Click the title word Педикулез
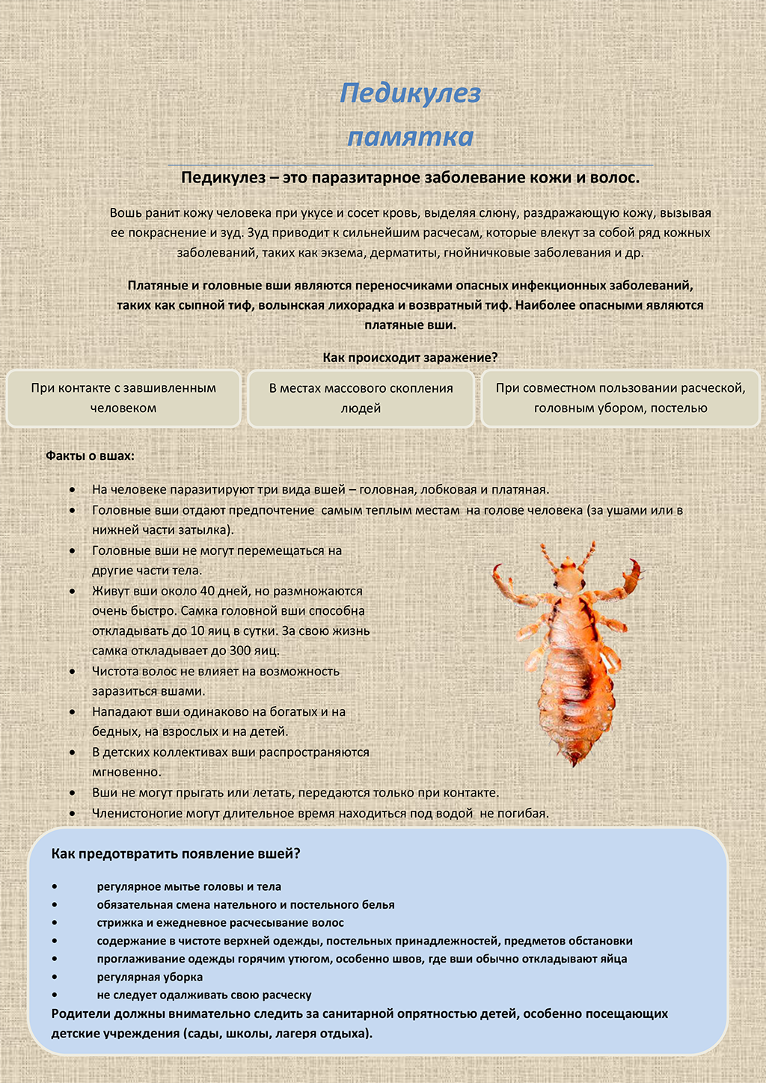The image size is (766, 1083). [x=410, y=93]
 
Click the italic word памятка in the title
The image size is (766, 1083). [x=410, y=137]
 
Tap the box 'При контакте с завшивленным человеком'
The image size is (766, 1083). [x=123, y=398]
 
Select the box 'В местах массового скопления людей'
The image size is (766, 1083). [x=361, y=398]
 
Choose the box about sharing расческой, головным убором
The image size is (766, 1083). [x=620, y=398]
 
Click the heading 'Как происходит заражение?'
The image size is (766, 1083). [x=410, y=358]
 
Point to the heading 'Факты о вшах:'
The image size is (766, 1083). [x=90, y=455]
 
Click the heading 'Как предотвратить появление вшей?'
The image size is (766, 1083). [x=176, y=853]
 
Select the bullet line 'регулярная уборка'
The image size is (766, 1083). [x=150, y=977]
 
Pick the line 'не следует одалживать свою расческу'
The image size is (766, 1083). [x=204, y=995]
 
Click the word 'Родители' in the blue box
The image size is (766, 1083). [x=81, y=1014]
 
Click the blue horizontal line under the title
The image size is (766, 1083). [x=410, y=165]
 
